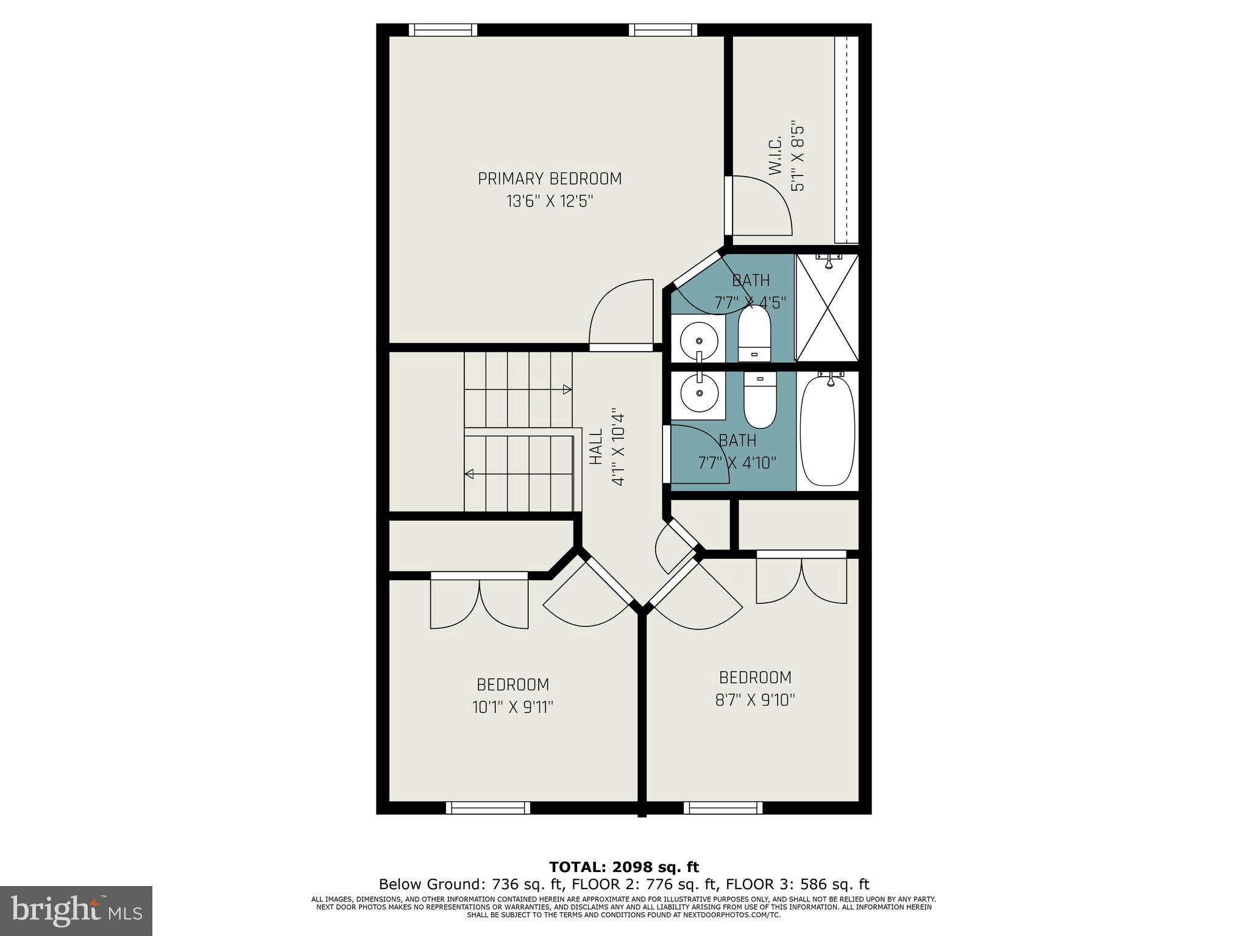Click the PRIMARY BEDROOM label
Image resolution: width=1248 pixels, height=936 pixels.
[x=550, y=179]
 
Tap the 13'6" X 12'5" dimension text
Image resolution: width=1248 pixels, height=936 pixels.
[x=550, y=201]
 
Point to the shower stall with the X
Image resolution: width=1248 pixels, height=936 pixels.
[x=827, y=308]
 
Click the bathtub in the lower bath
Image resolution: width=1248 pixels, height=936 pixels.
[x=828, y=431]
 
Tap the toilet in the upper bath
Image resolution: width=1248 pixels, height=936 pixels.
[x=754, y=333]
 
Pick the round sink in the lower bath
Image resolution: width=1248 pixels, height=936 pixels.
[x=698, y=394]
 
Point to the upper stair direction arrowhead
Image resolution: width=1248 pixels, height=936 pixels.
[x=567, y=389]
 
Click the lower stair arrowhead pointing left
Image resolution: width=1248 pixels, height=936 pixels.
[x=469, y=473]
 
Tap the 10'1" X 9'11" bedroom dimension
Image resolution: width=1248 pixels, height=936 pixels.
[x=512, y=707]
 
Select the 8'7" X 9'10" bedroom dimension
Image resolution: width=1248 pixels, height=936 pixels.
[x=755, y=700]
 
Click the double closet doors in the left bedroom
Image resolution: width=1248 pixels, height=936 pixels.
[x=480, y=603]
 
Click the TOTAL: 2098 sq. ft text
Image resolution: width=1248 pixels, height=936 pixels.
[x=623, y=867]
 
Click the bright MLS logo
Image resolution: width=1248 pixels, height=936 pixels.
[x=76, y=910]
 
